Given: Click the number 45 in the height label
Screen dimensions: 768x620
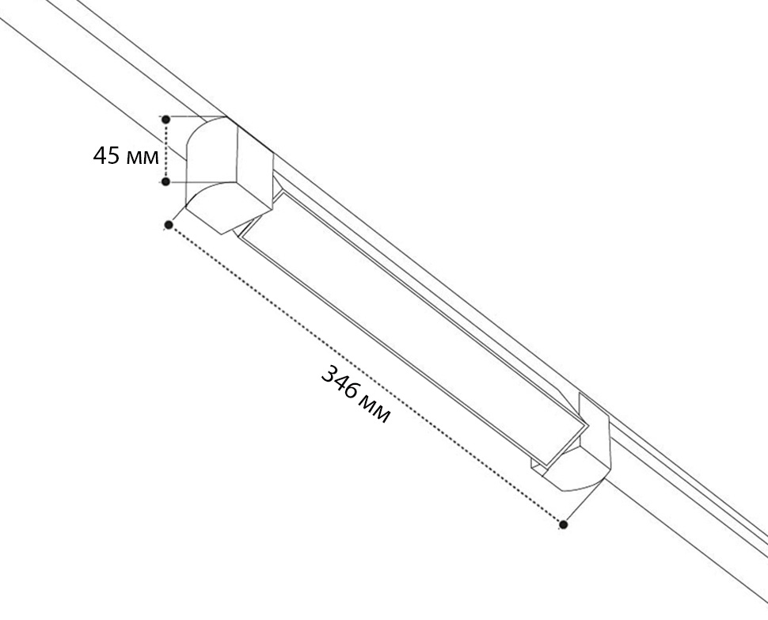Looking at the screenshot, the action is tap(106, 155).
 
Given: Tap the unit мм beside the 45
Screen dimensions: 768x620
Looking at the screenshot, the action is tap(143, 158).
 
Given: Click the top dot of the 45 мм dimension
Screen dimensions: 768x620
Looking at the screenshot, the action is tap(166, 120).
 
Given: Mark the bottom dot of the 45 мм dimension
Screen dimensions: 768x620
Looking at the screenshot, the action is tap(166, 181).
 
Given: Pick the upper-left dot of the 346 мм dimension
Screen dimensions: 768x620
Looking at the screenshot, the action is tap(169, 225).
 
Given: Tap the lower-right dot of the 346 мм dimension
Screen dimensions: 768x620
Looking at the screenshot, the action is tap(563, 524).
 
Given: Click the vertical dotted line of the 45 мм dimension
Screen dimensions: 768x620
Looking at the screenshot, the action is tap(166, 150).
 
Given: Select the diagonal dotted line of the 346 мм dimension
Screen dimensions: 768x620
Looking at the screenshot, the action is tap(366, 375).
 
